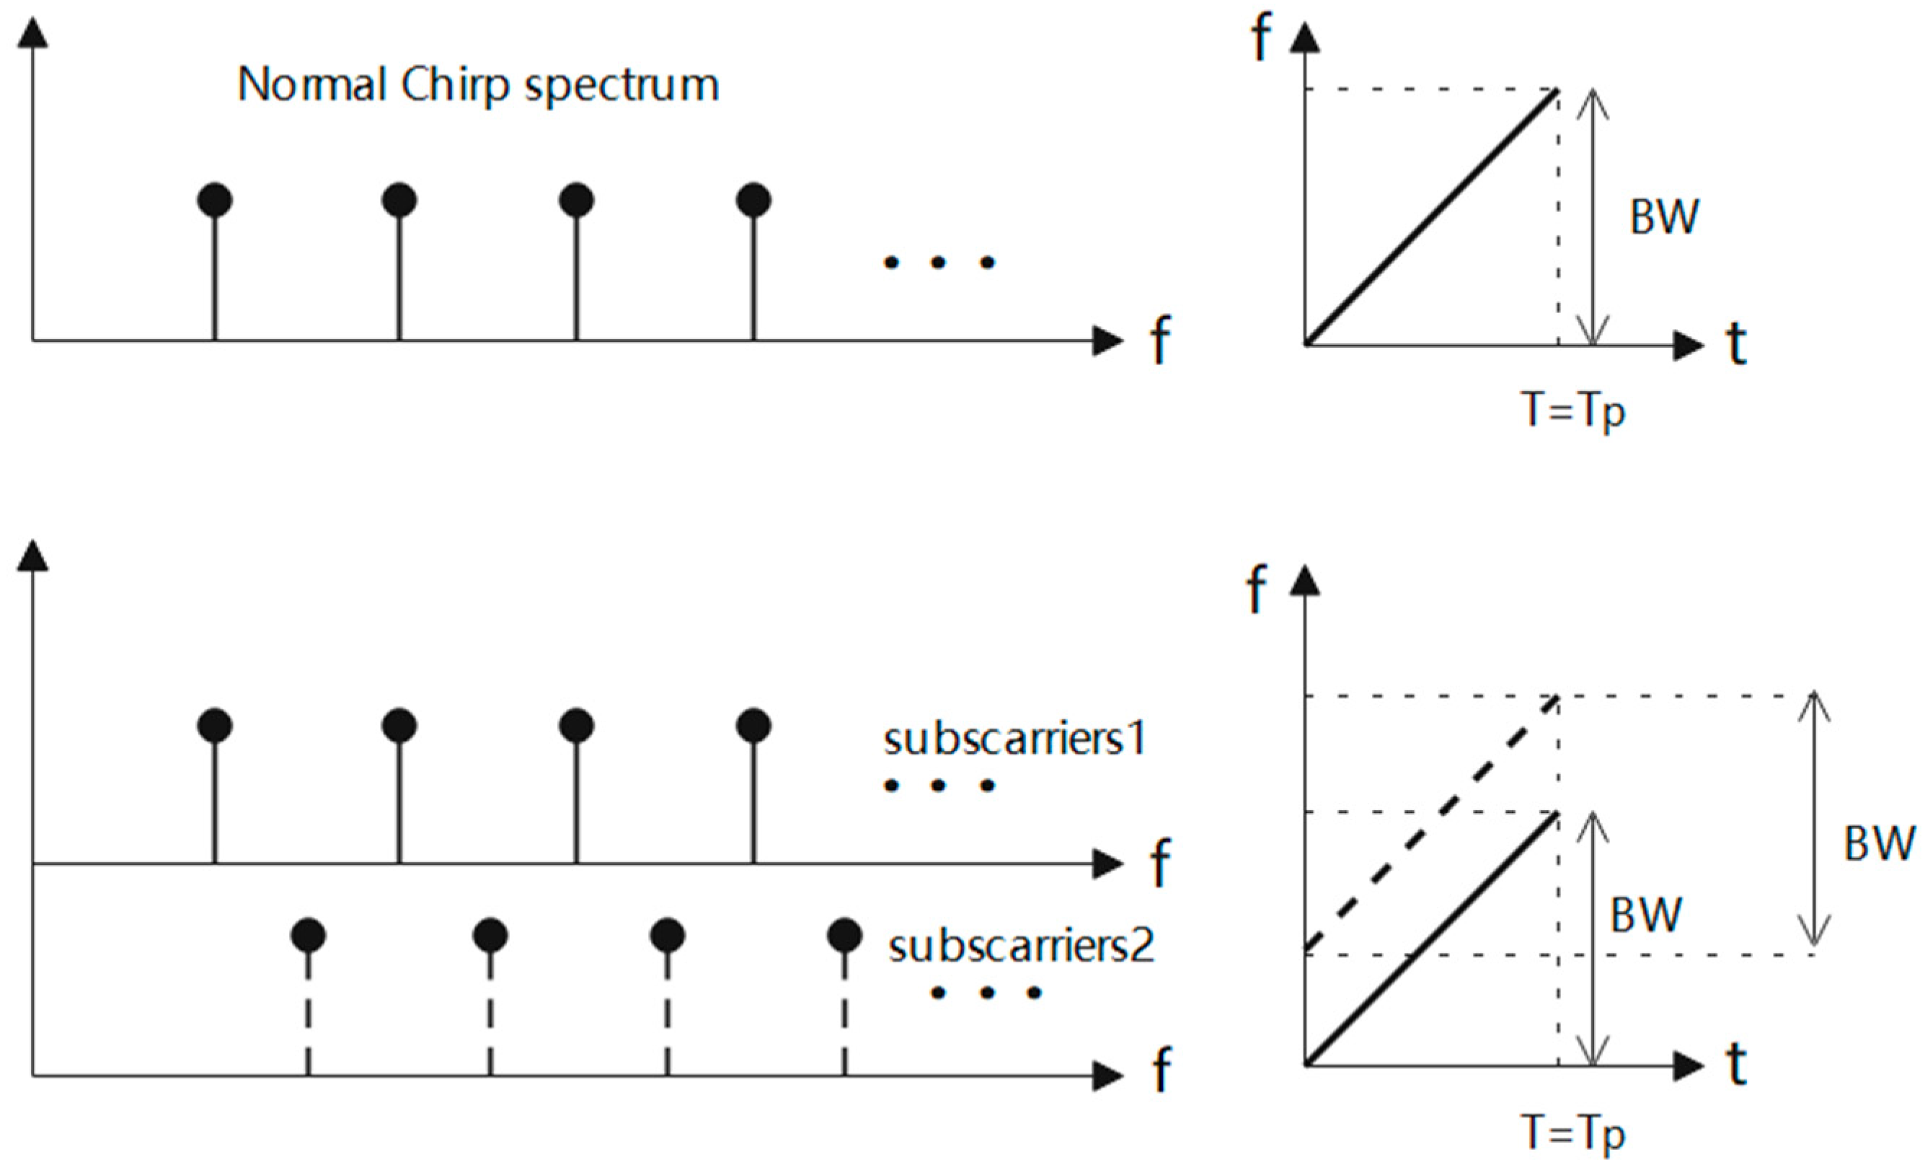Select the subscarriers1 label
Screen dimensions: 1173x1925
1014,738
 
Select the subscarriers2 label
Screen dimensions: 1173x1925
1020,946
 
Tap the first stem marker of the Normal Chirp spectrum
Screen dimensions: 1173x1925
215,200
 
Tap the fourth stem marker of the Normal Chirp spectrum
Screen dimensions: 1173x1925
753,200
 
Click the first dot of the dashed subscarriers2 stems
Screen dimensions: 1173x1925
308,935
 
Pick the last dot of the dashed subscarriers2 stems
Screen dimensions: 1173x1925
844,935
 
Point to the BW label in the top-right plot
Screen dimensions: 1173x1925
1663,217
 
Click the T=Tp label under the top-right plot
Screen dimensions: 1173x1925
1573,410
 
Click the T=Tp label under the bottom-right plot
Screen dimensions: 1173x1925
1573,1133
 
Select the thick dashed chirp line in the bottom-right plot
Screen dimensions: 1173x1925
1431,825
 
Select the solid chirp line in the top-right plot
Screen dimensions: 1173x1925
1431,217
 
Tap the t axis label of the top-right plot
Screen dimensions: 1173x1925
1736,344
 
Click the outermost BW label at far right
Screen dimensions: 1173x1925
1878,844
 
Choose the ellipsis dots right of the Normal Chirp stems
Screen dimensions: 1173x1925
938,263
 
